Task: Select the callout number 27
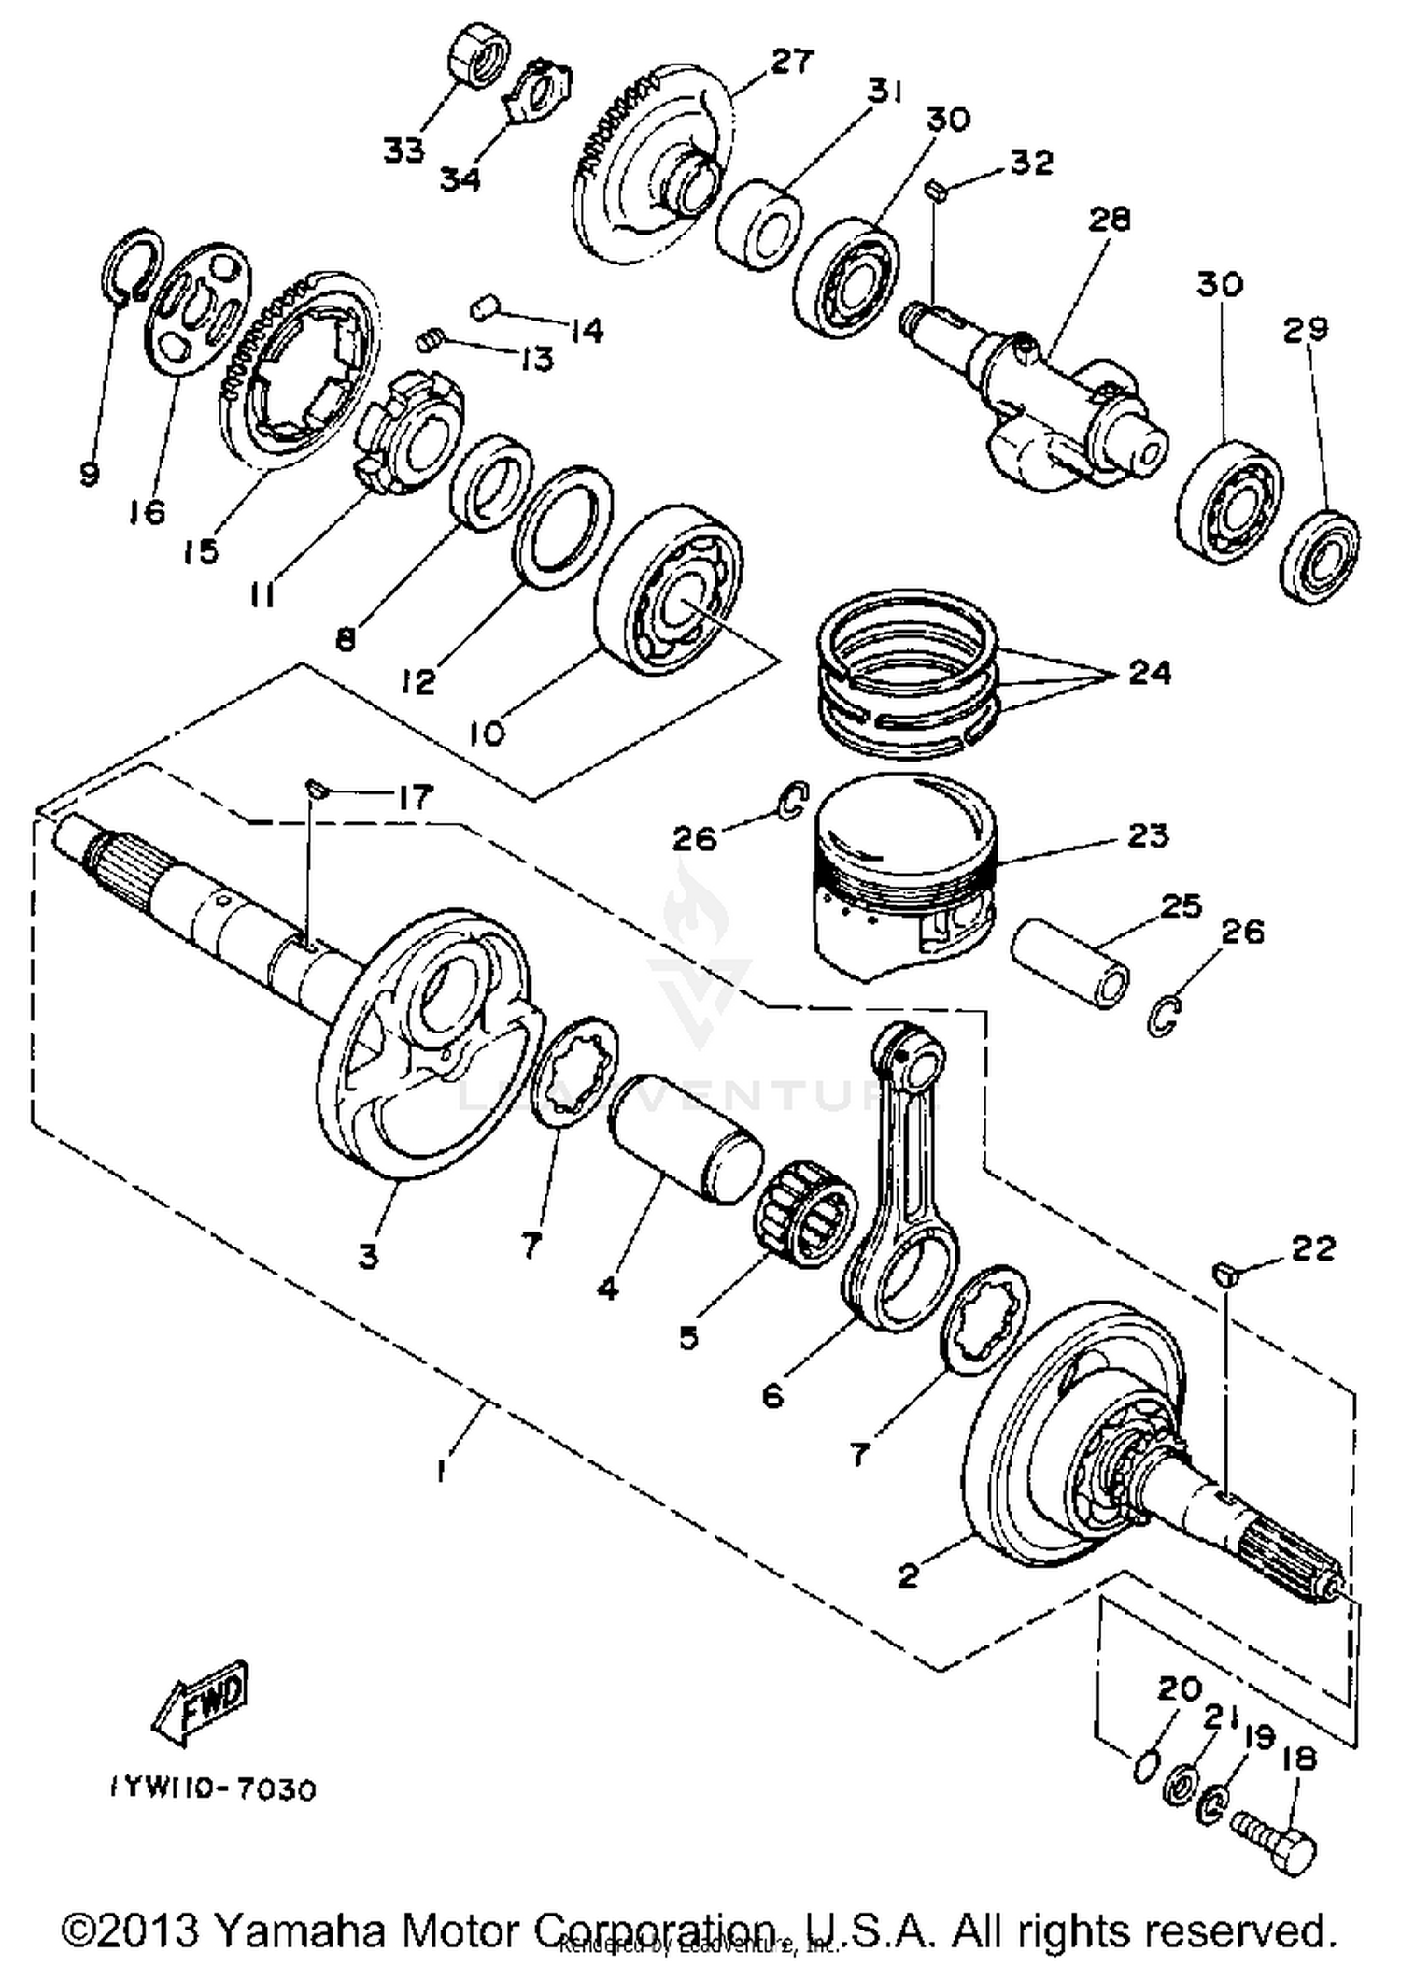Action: point(792,63)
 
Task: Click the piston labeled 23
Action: point(901,878)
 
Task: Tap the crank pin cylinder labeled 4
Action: point(686,1137)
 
